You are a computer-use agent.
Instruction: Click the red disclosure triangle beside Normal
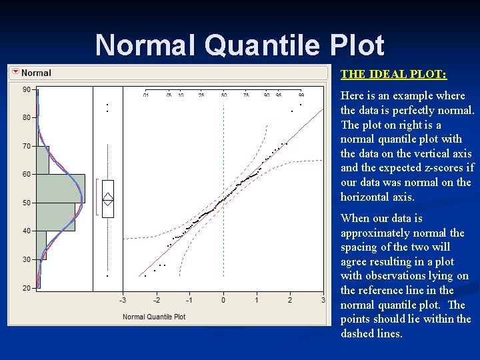[x=15, y=72]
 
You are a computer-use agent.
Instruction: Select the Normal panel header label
[x=36, y=73]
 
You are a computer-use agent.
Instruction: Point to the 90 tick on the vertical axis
[x=26, y=89]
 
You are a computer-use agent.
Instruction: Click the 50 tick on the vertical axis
[x=26, y=203]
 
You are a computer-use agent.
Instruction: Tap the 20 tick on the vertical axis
[x=26, y=288]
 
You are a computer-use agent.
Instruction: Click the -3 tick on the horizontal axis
[x=122, y=301]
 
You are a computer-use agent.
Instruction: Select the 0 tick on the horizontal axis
[x=223, y=301]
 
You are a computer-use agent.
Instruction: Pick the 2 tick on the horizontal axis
[x=290, y=301]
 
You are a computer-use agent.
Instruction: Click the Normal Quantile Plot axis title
[x=154, y=317]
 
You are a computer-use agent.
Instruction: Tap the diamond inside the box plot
[x=108, y=198]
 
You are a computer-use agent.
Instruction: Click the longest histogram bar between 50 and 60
[x=60, y=188]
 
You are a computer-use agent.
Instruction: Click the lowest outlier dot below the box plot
[x=107, y=276]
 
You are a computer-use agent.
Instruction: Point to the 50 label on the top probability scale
[x=224, y=95]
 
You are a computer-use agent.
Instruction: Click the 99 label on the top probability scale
[x=301, y=95]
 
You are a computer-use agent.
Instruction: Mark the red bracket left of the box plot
[x=97, y=197]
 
